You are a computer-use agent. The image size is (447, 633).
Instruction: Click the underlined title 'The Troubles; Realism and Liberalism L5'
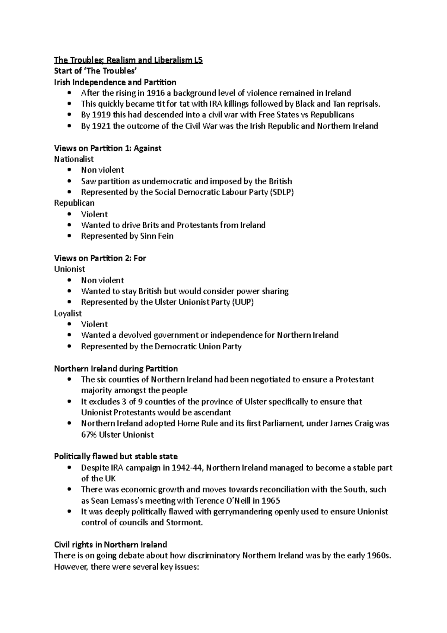tap(128, 60)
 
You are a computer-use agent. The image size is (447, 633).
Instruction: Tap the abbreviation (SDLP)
tap(281, 192)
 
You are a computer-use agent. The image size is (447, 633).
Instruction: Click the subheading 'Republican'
tap(74, 203)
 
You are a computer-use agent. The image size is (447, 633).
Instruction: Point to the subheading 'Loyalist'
tap(68, 314)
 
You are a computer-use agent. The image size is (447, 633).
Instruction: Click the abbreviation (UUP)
tap(242, 302)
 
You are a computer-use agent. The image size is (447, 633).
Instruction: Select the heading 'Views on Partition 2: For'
tap(100, 258)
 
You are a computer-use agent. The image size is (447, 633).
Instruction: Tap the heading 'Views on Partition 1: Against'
tap(107, 148)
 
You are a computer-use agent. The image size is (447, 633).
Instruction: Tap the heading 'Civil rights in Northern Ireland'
tap(110, 545)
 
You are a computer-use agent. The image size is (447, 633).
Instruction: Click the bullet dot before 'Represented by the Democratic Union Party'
tap(69, 346)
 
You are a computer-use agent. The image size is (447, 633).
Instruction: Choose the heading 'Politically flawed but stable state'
tap(116, 457)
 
